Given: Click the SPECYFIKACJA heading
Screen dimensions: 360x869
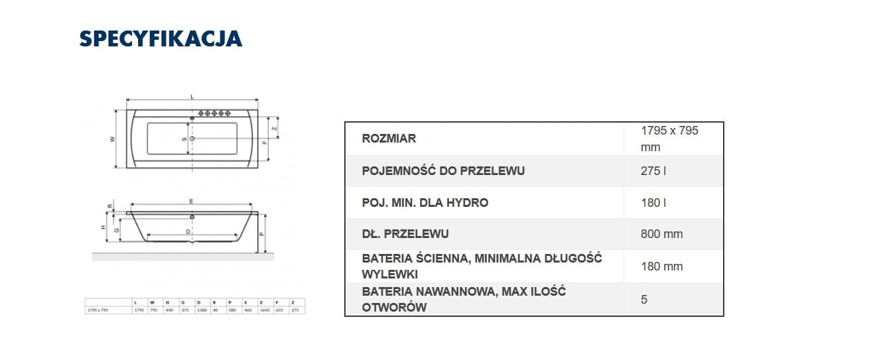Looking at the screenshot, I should pyautogui.click(x=161, y=39).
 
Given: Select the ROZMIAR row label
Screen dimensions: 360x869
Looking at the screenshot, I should pyautogui.click(x=389, y=139).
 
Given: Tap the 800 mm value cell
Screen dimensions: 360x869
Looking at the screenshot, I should pyautogui.click(x=662, y=234).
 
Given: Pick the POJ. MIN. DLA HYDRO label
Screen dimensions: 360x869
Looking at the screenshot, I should pyautogui.click(x=425, y=203).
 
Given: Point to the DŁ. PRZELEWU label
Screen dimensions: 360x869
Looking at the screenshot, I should pyautogui.click(x=405, y=234).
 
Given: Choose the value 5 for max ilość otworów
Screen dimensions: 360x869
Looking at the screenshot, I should pyautogui.click(x=644, y=300).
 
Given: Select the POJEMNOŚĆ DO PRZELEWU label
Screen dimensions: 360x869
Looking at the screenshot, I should pyautogui.click(x=443, y=171).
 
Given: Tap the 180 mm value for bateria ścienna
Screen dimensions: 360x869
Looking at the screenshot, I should pyautogui.click(x=662, y=267).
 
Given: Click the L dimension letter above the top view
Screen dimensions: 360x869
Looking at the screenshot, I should pyautogui.click(x=192, y=97).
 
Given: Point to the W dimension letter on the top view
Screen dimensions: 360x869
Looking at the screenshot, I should pyautogui.click(x=113, y=139).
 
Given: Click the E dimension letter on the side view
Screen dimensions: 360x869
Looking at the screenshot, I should pyautogui.click(x=190, y=201).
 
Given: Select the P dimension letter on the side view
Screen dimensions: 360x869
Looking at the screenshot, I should pyautogui.click(x=262, y=234).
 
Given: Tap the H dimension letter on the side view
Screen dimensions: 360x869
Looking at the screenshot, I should pyautogui.click(x=103, y=227).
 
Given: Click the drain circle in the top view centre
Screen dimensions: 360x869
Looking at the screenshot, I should pyautogui.click(x=192, y=139).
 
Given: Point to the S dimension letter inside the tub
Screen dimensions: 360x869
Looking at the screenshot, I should pyautogui.click(x=184, y=139).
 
